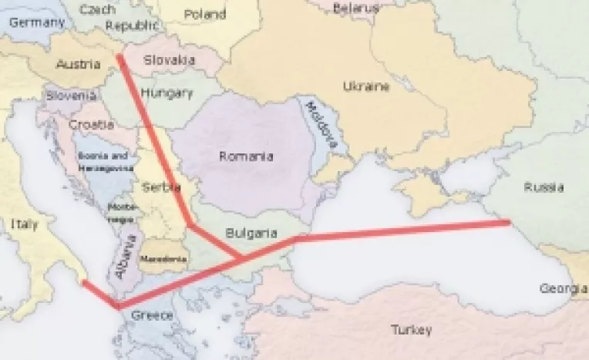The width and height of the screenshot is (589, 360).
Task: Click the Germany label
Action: (x=36, y=22)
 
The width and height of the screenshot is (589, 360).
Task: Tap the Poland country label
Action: (x=206, y=14)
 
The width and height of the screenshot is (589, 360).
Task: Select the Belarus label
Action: (x=356, y=8)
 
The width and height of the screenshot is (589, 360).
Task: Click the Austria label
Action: (x=78, y=64)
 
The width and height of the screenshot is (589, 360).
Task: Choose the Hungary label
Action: (x=167, y=93)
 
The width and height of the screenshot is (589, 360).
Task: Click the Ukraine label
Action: (x=365, y=86)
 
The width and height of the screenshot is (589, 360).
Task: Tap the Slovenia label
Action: (x=71, y=96)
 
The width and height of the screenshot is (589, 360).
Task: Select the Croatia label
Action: (x=92, y=123)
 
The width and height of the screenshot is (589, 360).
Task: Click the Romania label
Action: (x=246, y=156)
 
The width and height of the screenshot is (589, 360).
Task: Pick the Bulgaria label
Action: (x=247, y=231)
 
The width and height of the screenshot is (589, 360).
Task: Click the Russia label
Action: (x=543, y=187)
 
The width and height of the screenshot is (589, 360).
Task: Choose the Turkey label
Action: (x=410, y=330)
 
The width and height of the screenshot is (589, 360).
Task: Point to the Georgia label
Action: (x=562, y=288)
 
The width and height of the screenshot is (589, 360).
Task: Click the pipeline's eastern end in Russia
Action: (x=507, y=223)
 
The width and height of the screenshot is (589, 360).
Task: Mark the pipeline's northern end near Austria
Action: (x=119, y=56)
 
